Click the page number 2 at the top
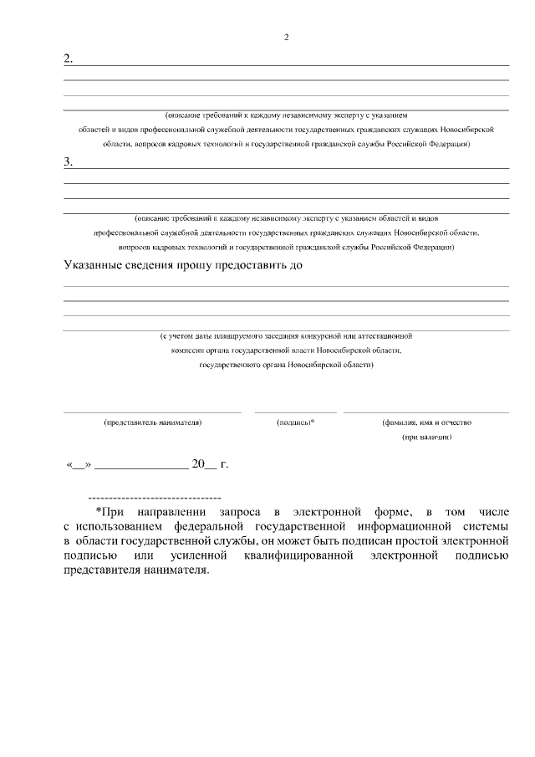[286, 38]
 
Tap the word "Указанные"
[94, 266]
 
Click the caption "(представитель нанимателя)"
[152, 422]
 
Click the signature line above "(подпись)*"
[295, 412]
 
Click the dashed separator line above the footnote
[154, 497]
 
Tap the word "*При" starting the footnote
[110, 510]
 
